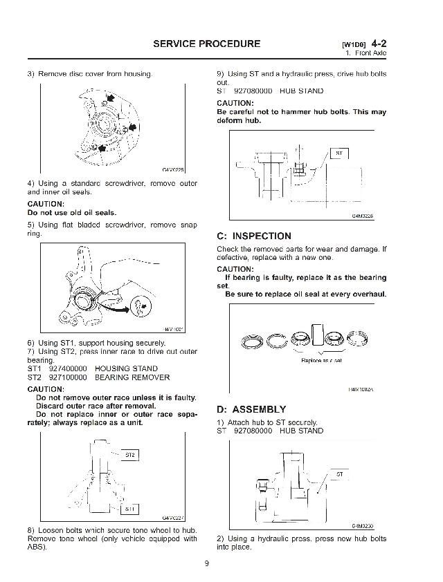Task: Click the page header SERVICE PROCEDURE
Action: pyautogui.click(x=207, y=44)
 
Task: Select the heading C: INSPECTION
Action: pyautogui.click(x=254, y=236)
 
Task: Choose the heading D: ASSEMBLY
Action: pyautogui.click(x=251, y=409)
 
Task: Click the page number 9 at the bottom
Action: pyautogui.click(x=206, y=563)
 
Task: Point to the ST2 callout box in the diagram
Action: pyautogui.click(x=129, y=455)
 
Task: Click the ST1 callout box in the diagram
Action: pyautogui.click(x=129, y=509)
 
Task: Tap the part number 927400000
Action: pyautogui.click(x=66, y=369)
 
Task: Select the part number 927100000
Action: pyautogui.click(x=66, y=378)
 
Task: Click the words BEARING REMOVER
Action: pyautogui.click(x=132, y=378)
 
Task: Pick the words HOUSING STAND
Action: pyautogui.click(x=126, y=369)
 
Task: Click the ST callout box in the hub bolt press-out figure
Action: pyautogui.click(x=339, y=153)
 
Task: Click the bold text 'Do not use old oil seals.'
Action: pyautogui.click(x=72, y=213)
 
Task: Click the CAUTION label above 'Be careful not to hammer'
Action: pyautogui.click(x=237, y=104)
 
